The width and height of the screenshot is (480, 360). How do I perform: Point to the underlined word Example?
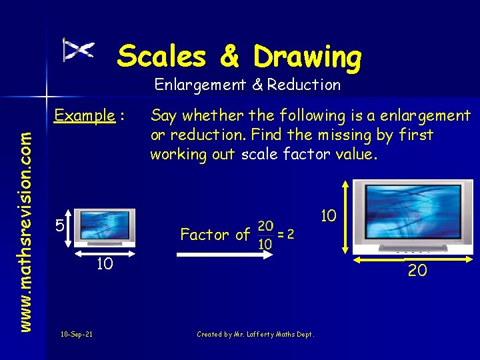pyautogui.click(x=85, y=115)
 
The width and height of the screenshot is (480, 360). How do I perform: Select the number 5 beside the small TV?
pyautogui.click(x=59, y=226)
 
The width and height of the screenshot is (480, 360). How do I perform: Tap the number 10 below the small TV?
pyautogui.click(x=103, y=265)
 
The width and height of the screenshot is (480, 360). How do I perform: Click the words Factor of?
pyautogui.click(x=215, y=235)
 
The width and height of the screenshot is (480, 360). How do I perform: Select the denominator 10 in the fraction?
pyautogui.click(x=265, y=243)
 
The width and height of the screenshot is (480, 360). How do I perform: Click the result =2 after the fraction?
pyautogui.click(x=286, y=234)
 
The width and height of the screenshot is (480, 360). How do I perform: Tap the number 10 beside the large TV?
pyautogui.click(x=328, y=216)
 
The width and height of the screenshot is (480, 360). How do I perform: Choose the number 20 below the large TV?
pyautogui.click(x=418, y=271)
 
